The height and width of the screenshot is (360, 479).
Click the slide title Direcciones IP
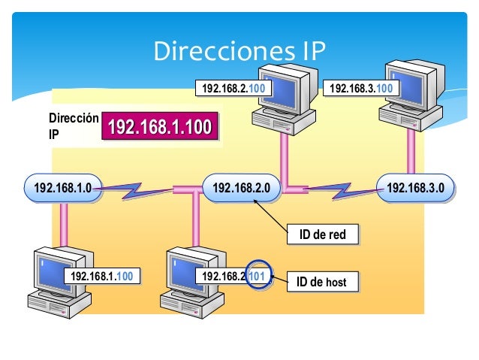(239, 51)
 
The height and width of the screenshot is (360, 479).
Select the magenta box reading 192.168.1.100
(158, 127)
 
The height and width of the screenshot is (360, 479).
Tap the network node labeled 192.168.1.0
(62, 188)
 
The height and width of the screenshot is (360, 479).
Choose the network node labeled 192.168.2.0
(241, 187)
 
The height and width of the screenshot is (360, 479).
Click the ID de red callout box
(322, 234)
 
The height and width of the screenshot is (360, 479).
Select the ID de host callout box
(322, 282)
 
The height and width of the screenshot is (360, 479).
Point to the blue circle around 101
(257, 277)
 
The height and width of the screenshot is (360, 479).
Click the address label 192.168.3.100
(361, 89)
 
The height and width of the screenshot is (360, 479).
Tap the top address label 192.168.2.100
(233, 89)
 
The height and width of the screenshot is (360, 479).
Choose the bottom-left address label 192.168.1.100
(101, 277)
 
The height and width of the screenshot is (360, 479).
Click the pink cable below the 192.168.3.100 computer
(411, 154)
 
